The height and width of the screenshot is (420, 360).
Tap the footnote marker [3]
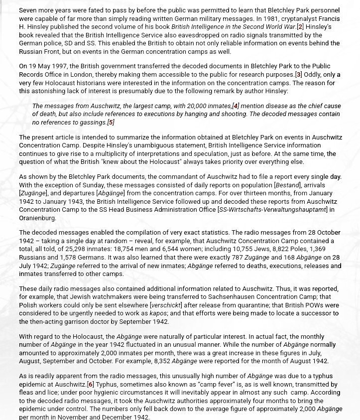tap(299, 75)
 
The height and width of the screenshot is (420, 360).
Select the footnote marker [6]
tap(90, 385)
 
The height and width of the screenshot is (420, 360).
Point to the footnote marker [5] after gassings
tap(111, 123)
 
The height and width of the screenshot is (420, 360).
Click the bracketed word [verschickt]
tap(167, 305)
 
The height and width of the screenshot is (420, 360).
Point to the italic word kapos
tap(159, 313)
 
